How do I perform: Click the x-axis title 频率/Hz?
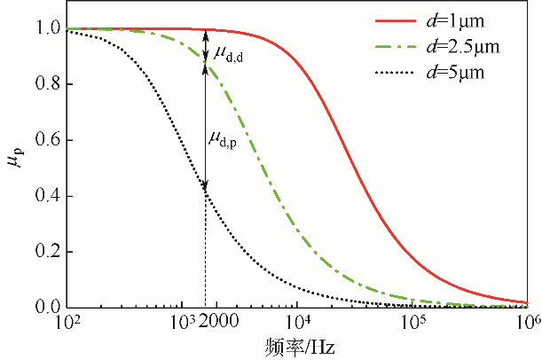coord(299,343)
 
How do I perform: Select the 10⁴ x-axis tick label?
coord(297,321)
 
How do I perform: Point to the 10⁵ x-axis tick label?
coord(412,321)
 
